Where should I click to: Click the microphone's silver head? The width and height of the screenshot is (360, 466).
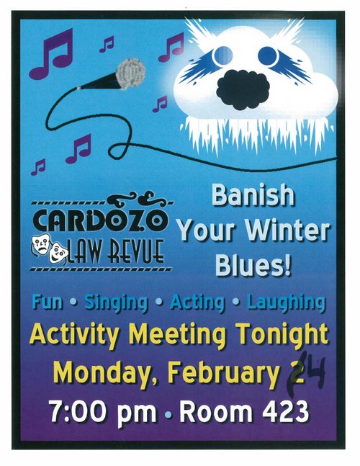pos(131,73)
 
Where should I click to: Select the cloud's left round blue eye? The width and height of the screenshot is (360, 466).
pos(222,55)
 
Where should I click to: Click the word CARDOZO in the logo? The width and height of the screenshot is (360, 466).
pos(100,220)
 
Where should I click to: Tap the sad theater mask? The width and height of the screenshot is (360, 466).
pos(41,244)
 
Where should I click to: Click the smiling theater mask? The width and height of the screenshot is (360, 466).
pos(58,253)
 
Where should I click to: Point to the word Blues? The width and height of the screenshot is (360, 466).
pos(253,264)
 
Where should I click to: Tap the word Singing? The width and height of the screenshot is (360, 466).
pos(116,303)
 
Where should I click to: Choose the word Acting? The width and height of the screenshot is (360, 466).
pos(197,303)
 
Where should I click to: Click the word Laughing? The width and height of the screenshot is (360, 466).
pos(287,303)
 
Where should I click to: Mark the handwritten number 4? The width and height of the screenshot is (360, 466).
pos(314,370)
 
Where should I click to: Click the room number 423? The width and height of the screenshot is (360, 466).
pos(285,412)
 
